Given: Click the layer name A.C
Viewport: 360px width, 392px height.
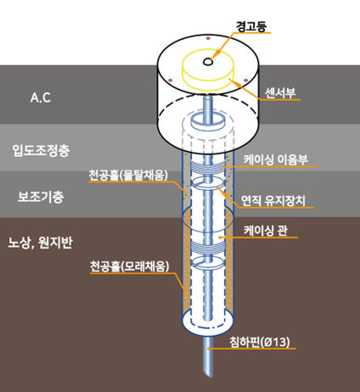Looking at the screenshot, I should pos(41,98).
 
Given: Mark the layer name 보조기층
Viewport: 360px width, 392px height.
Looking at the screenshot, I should pos(41,197).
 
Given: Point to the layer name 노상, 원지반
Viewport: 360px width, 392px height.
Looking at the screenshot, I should pos(47,241).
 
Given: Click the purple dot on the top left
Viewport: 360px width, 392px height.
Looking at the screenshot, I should pos(170,81).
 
